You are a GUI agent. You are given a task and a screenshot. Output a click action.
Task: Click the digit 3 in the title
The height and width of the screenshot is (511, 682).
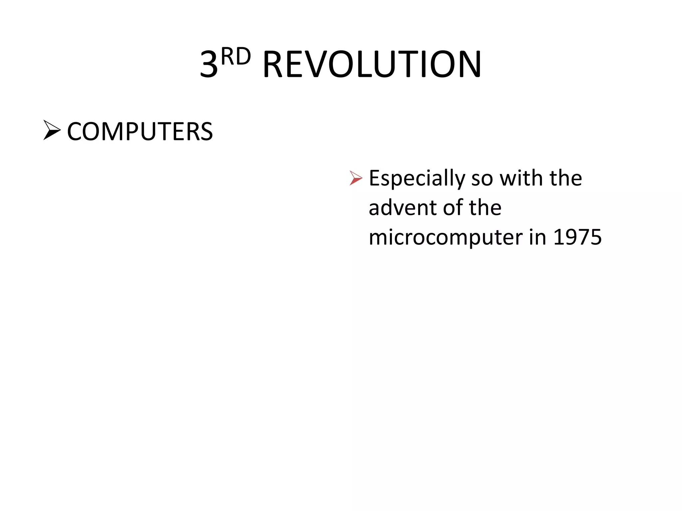coord(209,65)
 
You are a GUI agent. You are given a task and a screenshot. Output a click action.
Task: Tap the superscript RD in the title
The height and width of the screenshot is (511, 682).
coord(235,57)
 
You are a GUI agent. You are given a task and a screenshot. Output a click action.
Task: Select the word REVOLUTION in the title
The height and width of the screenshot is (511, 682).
coord(372,65)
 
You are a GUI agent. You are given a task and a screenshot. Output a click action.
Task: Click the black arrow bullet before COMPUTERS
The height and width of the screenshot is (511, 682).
coord(52,130)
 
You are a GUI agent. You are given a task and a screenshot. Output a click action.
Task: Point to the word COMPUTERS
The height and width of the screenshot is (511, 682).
coord(140,132)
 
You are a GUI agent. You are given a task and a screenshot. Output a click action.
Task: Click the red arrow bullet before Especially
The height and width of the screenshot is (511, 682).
coord(356,178)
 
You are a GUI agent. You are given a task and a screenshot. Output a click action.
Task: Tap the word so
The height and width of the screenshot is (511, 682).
coord(482,179)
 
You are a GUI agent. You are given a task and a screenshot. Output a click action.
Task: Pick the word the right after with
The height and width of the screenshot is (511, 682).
coord(566,178)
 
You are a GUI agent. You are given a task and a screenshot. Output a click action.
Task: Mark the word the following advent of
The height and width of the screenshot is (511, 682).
coord(485,208)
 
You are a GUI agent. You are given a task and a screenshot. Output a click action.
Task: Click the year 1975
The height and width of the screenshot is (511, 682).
coord(577,238)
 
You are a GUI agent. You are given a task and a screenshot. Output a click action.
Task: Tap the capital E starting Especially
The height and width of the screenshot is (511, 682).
coord(375,178)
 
